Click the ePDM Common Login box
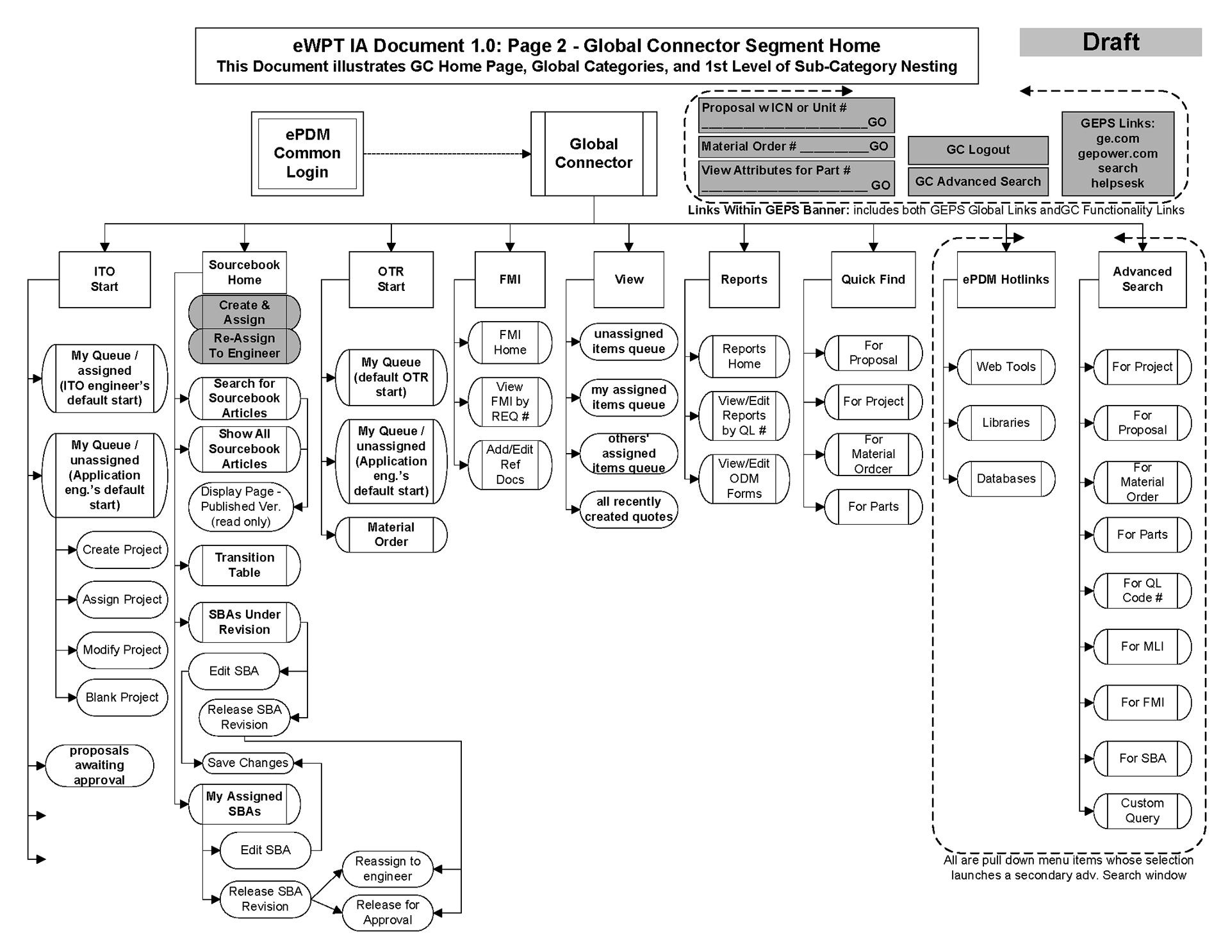point(307,154)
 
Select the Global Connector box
point(593,154)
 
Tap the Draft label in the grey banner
point(1110,42)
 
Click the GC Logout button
point(978,150)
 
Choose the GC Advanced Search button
point(978,182)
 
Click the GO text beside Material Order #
point(878,147)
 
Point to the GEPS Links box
point(1117,154)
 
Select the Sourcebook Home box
point(244,272)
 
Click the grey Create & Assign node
point(244,312)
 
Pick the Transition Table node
point(244,565)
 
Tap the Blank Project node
point(122,697)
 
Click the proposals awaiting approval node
point(99,765)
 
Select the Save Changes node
point(247,763)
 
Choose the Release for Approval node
point(388,912)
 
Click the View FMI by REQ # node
point(509,402)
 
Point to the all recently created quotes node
point(628,509)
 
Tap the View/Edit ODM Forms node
point(744,479)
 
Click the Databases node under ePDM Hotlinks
point(1006,479)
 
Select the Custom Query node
point(1142,811)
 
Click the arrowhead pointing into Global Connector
point(527,154)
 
